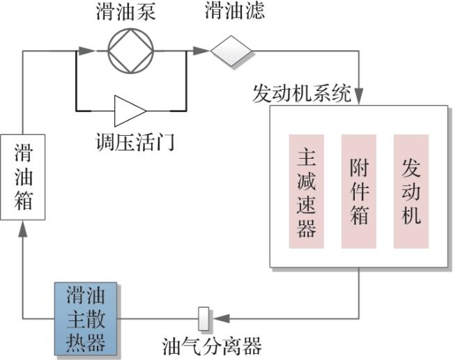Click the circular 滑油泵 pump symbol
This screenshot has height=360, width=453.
(x=130, y=50)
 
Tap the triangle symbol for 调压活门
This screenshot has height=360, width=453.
(x=130, y=110)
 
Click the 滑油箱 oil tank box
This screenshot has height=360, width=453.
(x=23, y=177)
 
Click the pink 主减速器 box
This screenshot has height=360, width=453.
(x=307, y=191)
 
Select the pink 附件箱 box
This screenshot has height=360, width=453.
(x=358, y=191)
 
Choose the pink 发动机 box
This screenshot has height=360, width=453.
(x=410, y=191)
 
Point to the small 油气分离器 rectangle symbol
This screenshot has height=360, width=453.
(x=204, y=319)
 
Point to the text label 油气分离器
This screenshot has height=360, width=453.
(x=212, y=346)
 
